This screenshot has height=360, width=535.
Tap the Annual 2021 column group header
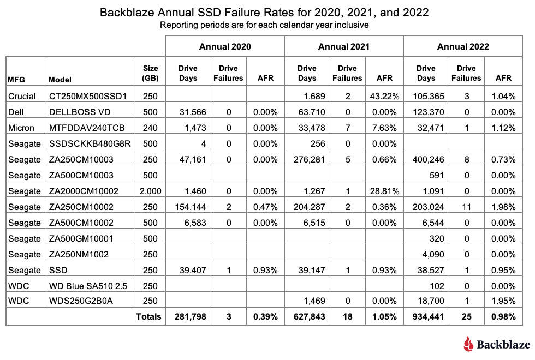point(343,46)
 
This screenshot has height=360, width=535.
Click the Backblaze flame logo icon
point(468,344)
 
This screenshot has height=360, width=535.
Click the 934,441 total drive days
point(426,316)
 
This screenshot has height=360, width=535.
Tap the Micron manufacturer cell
point(22,128)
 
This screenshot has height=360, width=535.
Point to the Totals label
point(149,316)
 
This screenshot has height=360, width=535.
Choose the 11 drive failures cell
point(466,207)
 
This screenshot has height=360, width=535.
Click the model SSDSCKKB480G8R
point(84,144)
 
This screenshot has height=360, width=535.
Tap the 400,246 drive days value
point(426,160)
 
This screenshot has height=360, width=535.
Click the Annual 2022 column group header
point(462,46)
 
